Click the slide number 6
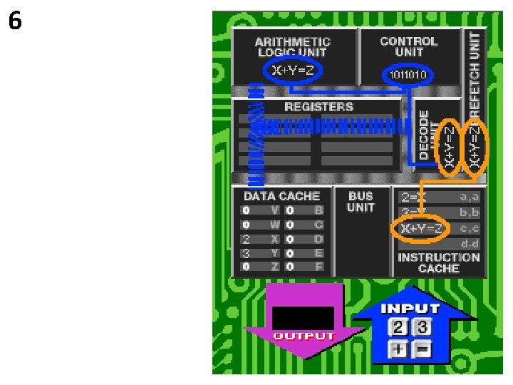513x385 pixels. (15, 22)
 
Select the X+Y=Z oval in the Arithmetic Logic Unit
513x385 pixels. (294, 70)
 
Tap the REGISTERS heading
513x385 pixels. (318, 107)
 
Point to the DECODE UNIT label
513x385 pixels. (424, 134)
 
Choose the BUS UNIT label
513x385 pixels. (361, 202)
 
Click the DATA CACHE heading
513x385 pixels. (282, 195)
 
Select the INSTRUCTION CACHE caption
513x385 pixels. (439, 263)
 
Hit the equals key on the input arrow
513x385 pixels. (423, 349)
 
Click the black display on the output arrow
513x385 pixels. (303, 317)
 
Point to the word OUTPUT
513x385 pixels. (304, 336)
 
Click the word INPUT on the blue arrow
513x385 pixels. (410, 309)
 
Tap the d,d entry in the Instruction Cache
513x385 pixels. (470, 244)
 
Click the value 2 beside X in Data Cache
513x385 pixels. (245, 239)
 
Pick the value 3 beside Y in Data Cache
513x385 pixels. (245, 252)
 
